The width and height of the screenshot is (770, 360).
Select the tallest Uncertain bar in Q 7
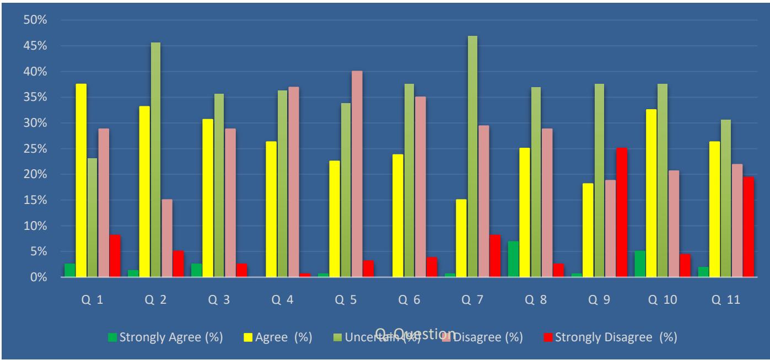click(x=472, y=157)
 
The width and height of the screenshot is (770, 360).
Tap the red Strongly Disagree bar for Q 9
click(x=622, y=212)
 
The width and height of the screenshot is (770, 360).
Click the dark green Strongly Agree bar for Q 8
click(x=513, y=259)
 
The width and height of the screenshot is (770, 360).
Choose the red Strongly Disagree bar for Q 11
click(x=749, y=227)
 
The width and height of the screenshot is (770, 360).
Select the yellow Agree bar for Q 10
click(x=651, y=193)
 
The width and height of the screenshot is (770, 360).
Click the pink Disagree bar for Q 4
click(x=294, y=182)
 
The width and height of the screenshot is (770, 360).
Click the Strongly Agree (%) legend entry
click(x=165, y=337)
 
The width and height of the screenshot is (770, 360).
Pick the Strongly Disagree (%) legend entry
click(x=610, y=337)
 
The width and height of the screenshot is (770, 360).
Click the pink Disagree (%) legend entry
click(x=483, y=337)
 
